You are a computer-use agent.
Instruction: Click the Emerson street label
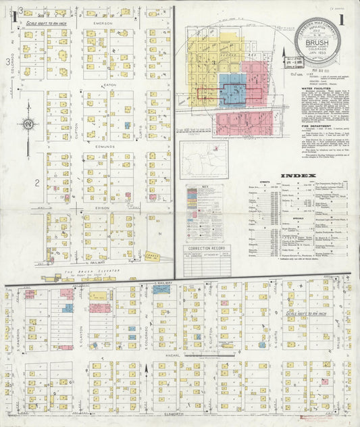pos(103,23)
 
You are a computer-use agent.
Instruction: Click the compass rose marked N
pos(28,124)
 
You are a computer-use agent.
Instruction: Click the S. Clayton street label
pos(80,333)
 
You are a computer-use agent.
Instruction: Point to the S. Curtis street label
pos(276,333)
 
